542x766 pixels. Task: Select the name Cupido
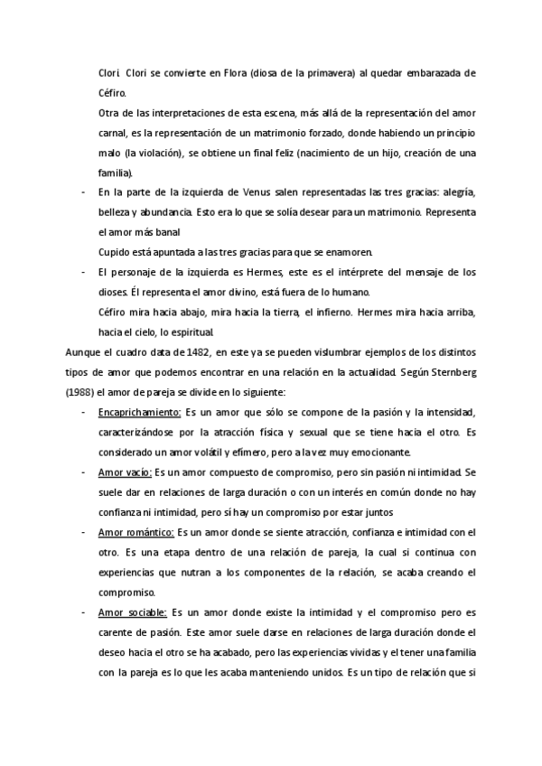point(112,252)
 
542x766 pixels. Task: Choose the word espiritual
point(190,332)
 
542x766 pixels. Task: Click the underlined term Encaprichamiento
point(138,411)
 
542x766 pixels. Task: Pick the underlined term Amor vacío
point(125,471)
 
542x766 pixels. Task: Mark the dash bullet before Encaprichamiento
point(83,411)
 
